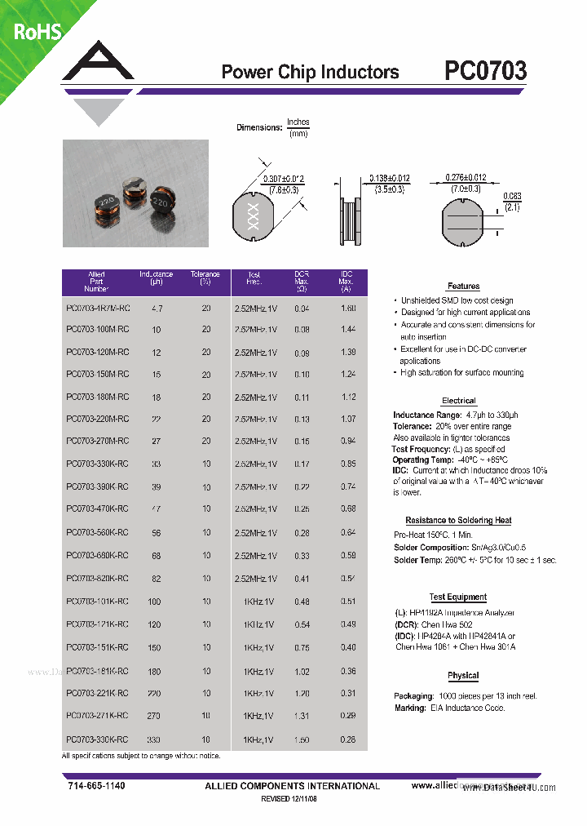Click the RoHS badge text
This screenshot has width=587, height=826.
coord(37,33)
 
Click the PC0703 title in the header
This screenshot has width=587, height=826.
coord(485,71)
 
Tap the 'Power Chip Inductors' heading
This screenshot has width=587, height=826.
coord(310,72)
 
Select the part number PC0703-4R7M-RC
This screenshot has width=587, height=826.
coord(96,309)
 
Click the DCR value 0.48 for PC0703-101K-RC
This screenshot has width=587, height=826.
coord(302,602)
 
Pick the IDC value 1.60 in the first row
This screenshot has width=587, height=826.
coord(347,309)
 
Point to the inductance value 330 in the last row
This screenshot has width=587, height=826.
coord(154,739)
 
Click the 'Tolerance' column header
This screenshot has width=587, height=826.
coord(205,275)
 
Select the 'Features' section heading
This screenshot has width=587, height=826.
coord(463,286)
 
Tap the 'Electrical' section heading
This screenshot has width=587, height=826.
coord(458,401)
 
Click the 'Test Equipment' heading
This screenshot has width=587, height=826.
coord(458,597)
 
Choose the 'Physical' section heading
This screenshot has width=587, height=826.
coord(463,676)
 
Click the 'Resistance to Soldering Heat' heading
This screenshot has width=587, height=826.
coord(458,520)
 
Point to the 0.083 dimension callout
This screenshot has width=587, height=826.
coord(511,195)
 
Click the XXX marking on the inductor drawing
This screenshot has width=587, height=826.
coord(252,215)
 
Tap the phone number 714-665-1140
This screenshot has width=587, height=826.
coord(96,785)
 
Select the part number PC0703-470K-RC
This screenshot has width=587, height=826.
coord(96,509)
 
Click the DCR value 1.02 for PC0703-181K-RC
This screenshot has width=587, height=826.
coord(302,671)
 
